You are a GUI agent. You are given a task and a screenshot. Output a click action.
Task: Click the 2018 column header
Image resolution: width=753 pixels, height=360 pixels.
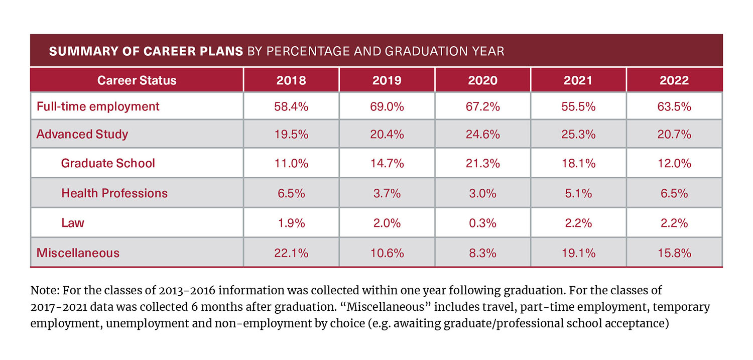coord(291,80)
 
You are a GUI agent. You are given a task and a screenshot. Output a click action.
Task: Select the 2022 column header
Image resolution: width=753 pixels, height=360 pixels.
coord(674,80)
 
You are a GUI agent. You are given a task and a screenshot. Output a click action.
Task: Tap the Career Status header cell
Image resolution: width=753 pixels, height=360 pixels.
coord(137,80)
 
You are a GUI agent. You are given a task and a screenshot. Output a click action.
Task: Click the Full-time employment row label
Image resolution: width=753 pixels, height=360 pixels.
coord(98,106)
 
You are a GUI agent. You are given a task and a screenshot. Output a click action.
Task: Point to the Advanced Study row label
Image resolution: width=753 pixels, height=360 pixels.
coord(82,134)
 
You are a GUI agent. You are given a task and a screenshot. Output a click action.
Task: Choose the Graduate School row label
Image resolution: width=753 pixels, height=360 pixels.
coord(108,163)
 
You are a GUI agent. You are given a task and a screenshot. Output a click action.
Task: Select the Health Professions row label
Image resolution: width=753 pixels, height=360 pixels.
coord(114,193)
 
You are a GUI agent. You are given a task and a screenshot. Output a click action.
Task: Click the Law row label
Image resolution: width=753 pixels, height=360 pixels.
coord(73,223)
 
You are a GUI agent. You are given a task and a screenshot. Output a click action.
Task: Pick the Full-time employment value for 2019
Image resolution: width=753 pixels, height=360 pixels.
coord(387,106)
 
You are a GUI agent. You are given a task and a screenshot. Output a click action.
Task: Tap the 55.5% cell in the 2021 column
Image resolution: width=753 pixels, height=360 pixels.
coord(578,106)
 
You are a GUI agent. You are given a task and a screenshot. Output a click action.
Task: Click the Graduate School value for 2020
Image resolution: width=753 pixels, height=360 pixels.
coord(482,163)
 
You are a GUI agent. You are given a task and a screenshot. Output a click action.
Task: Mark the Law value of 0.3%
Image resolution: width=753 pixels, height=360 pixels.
coord(482,223)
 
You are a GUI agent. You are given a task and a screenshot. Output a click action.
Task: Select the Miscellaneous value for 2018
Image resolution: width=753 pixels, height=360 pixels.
coord(291,253)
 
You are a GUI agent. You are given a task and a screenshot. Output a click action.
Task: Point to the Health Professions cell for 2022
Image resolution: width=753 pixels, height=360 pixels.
coord(674,193)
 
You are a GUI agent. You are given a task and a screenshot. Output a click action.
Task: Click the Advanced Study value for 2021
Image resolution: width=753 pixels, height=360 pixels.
coord(578,134)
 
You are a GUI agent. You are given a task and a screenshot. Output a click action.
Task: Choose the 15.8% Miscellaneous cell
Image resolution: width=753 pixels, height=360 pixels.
coord(674,253)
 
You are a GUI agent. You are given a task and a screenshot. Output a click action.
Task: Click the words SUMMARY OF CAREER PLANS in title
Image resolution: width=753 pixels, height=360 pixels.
coord(146,51)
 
